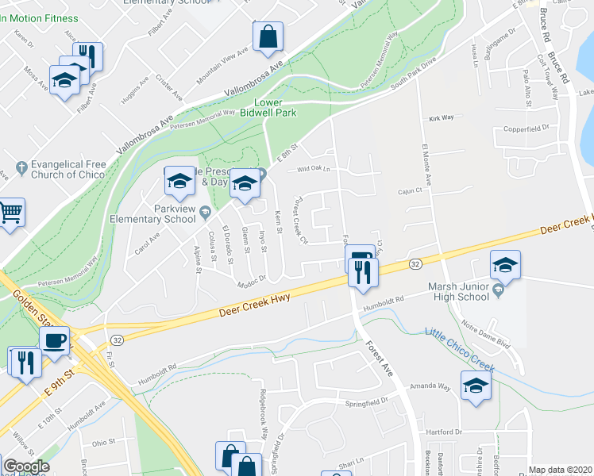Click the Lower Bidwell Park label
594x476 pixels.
[275, 108]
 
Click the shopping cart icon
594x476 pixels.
[10, 211]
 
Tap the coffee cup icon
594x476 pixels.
[54, 340]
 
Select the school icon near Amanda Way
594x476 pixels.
[476, 386]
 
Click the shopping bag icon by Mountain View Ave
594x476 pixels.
[268, 36]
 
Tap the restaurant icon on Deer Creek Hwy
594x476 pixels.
[363, 272]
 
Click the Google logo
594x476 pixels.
[26, 466]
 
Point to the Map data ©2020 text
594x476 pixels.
[561, 470]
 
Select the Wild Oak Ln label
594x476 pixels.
[313, 169]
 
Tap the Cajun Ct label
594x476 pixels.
[411, 191]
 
